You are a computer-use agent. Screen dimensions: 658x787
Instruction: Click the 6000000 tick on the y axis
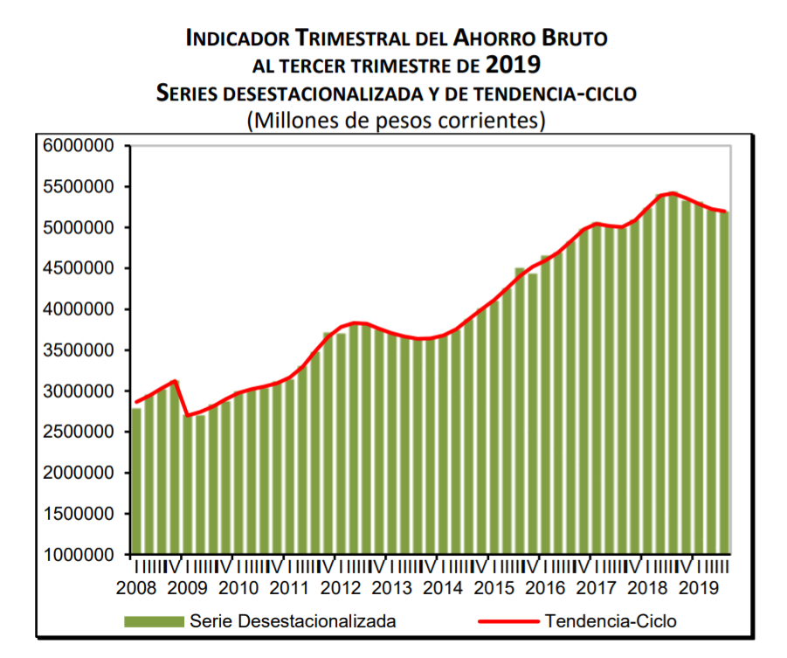(x=78, y=146)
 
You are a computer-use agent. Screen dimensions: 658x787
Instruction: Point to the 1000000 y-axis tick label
(x=78, y=555)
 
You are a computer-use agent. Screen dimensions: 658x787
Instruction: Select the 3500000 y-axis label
(x=78, y=350)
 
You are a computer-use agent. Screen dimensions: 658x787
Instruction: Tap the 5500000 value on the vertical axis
(x=78, y=187)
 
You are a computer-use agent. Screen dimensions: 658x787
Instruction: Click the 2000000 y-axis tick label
(x=78, y=473)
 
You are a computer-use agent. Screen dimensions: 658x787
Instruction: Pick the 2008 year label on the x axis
(x=136, y=588)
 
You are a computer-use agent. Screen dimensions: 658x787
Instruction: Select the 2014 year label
(x=442, y=588)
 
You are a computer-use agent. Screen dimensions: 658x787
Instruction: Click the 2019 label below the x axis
(x=699, y=588)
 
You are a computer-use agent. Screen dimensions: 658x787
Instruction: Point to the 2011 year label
(x=289, y=588)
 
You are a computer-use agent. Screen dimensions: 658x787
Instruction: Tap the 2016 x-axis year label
(x=545, y=588)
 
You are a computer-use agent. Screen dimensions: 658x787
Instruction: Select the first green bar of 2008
(x=136, y=481)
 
